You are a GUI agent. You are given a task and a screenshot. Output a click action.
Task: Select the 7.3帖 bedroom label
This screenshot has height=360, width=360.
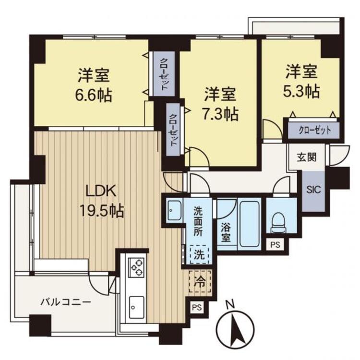(220, 104)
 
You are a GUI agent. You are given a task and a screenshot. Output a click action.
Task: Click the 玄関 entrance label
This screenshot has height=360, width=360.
(307, 157)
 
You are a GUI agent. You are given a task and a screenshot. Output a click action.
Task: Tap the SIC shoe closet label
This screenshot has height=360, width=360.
(313, 190)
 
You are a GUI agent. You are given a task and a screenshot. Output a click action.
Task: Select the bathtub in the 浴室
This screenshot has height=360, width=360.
(250, 224)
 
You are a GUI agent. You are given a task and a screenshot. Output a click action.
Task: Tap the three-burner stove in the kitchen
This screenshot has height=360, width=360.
(136, 267)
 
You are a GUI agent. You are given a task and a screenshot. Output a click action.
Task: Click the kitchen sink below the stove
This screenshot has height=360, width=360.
(137, 307)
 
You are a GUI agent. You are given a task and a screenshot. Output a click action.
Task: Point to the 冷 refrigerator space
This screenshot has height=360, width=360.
(200, 281)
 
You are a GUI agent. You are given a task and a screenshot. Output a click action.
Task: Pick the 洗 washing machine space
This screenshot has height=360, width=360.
(199, 254)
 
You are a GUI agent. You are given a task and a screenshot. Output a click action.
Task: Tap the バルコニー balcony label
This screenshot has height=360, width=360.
(66, 302)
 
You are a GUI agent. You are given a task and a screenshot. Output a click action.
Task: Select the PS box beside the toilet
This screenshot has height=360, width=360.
(275, 245)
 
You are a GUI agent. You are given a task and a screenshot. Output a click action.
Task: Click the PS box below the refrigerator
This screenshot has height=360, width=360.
(197, 307)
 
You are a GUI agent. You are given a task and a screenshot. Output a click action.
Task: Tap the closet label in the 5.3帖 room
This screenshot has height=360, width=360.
(315, 131)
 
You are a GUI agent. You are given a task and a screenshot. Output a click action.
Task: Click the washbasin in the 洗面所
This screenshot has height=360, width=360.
(175, 210)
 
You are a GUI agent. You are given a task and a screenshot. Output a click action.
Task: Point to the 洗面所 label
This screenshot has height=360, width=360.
(198, 221)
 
